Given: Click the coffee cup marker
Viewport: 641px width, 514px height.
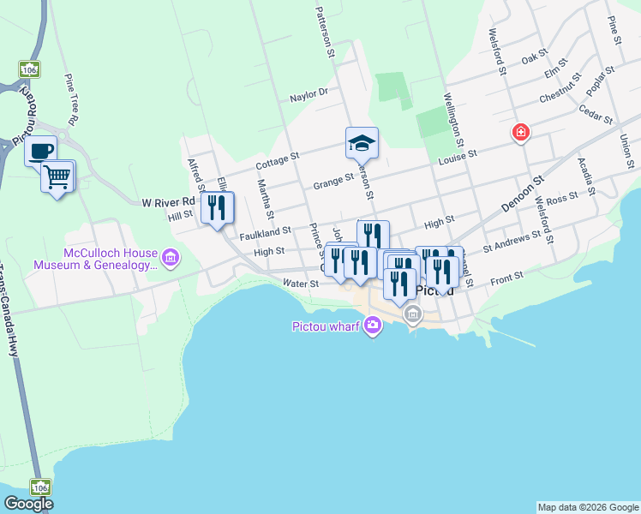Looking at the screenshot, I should click(40, 152).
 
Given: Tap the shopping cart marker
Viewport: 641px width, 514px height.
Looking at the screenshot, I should click(57, 177).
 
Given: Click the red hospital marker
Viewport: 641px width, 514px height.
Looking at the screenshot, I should click(520, 132).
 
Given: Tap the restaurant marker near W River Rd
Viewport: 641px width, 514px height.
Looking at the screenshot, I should click(217, 207).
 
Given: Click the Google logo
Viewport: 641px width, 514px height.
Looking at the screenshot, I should click(28, 504).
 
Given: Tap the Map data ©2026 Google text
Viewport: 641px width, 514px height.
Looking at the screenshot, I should click(587, 507).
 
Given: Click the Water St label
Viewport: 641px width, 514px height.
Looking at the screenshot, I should click(300, 283).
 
